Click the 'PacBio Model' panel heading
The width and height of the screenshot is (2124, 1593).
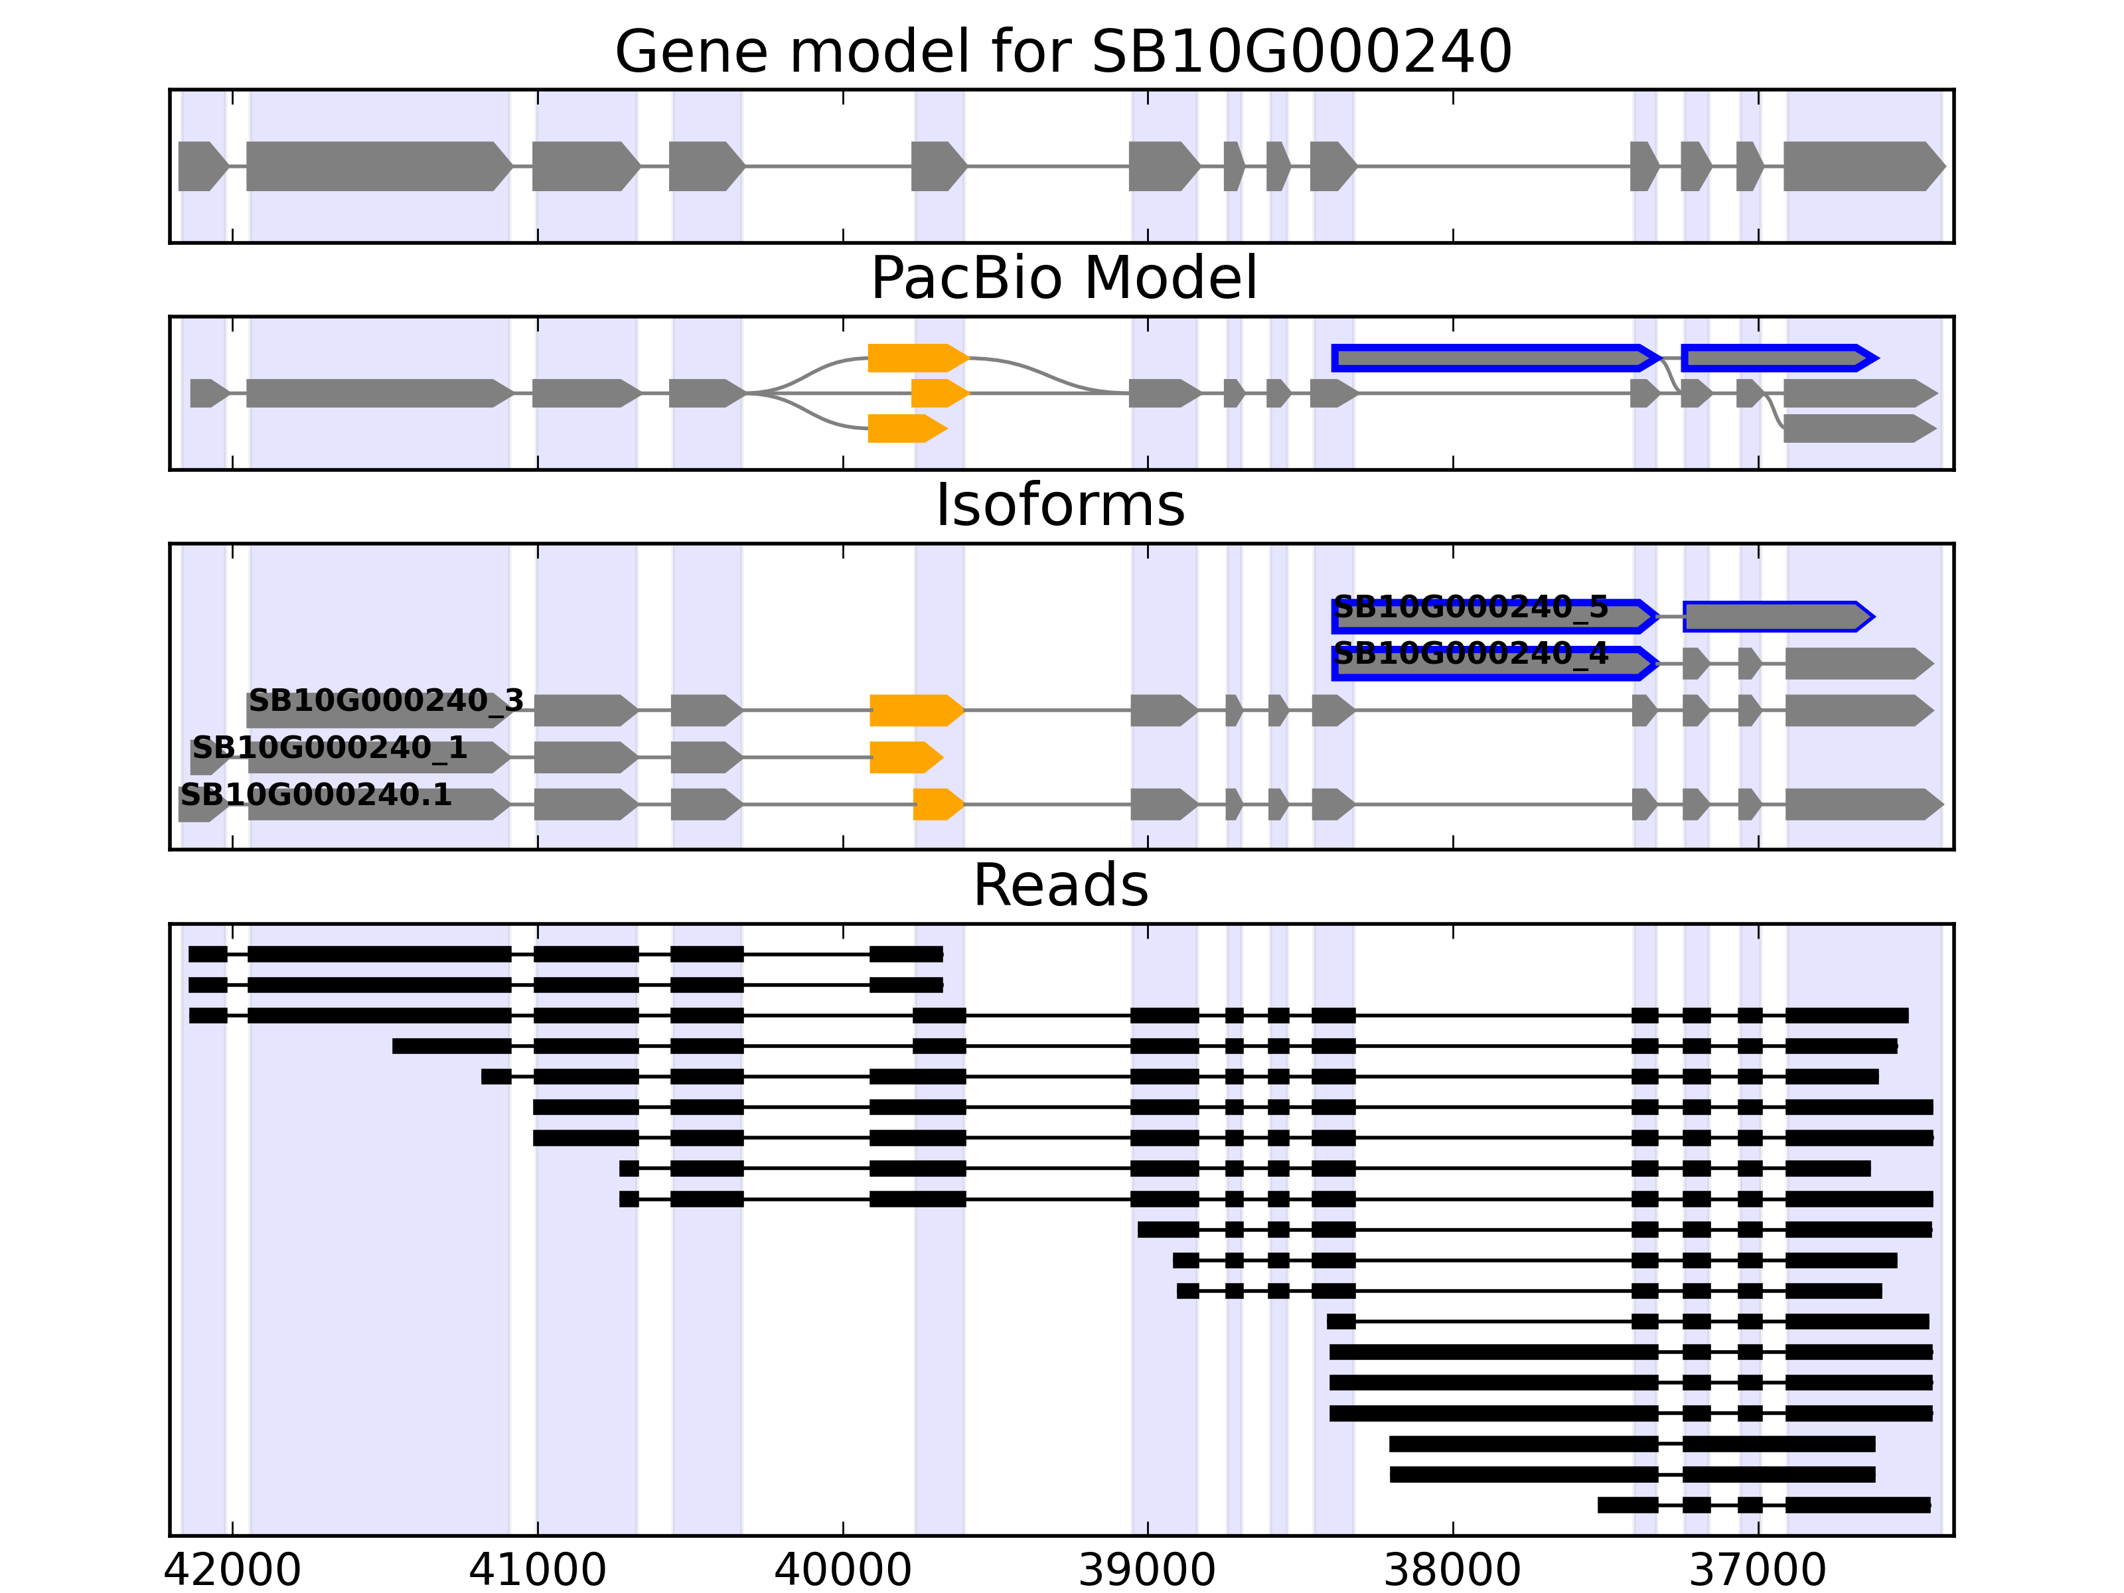pyautogui.click(x=1062, y=279)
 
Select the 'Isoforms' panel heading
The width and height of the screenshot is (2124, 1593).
pyautogui.click(x=1060, y=505)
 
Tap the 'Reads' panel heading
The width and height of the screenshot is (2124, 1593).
pyautogui.click(x=1060, y=885)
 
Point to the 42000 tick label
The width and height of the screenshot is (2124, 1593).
pyautogui.click(x=232, y=1570)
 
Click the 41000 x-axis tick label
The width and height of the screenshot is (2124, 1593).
pyautogui.click(x=538, y=1570)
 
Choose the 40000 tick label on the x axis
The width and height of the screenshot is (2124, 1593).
pyautogui.click(x=842, y=1570)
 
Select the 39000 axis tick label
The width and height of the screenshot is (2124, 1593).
pyautogui.click(x=1148, y=1570)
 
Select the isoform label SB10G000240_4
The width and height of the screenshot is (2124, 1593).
pyautogui.click(x=1471, y=654)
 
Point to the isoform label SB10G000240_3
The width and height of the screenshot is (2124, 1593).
pyautogui.click(x=386, y=701)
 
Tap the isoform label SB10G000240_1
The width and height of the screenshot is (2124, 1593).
pyautogui.click(x=329, y=748)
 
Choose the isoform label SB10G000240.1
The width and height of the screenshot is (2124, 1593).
pyautogui.click(x=316, y=795)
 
